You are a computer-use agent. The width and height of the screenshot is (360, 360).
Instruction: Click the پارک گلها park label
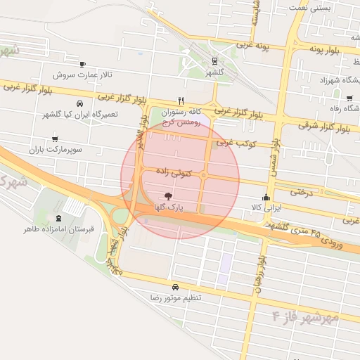coord(170,207)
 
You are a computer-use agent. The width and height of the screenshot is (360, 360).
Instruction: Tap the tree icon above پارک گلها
coord(167,196)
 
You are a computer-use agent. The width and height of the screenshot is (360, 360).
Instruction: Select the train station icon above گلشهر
coord(214,61)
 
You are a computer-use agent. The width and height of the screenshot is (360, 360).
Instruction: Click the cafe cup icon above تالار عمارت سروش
coord(83,63)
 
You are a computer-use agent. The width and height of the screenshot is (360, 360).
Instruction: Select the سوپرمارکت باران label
coord(56,150)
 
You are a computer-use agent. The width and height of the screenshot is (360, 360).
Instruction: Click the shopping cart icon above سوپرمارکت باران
coord(56,138)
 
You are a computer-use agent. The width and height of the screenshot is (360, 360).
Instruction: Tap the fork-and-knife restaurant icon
coord(181,101)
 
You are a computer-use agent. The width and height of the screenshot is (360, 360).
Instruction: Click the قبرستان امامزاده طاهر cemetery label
coord(60,229)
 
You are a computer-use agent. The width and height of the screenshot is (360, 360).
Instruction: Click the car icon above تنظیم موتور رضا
coord(174,287)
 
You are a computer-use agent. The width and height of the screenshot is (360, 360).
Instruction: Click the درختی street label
coord(300,190)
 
